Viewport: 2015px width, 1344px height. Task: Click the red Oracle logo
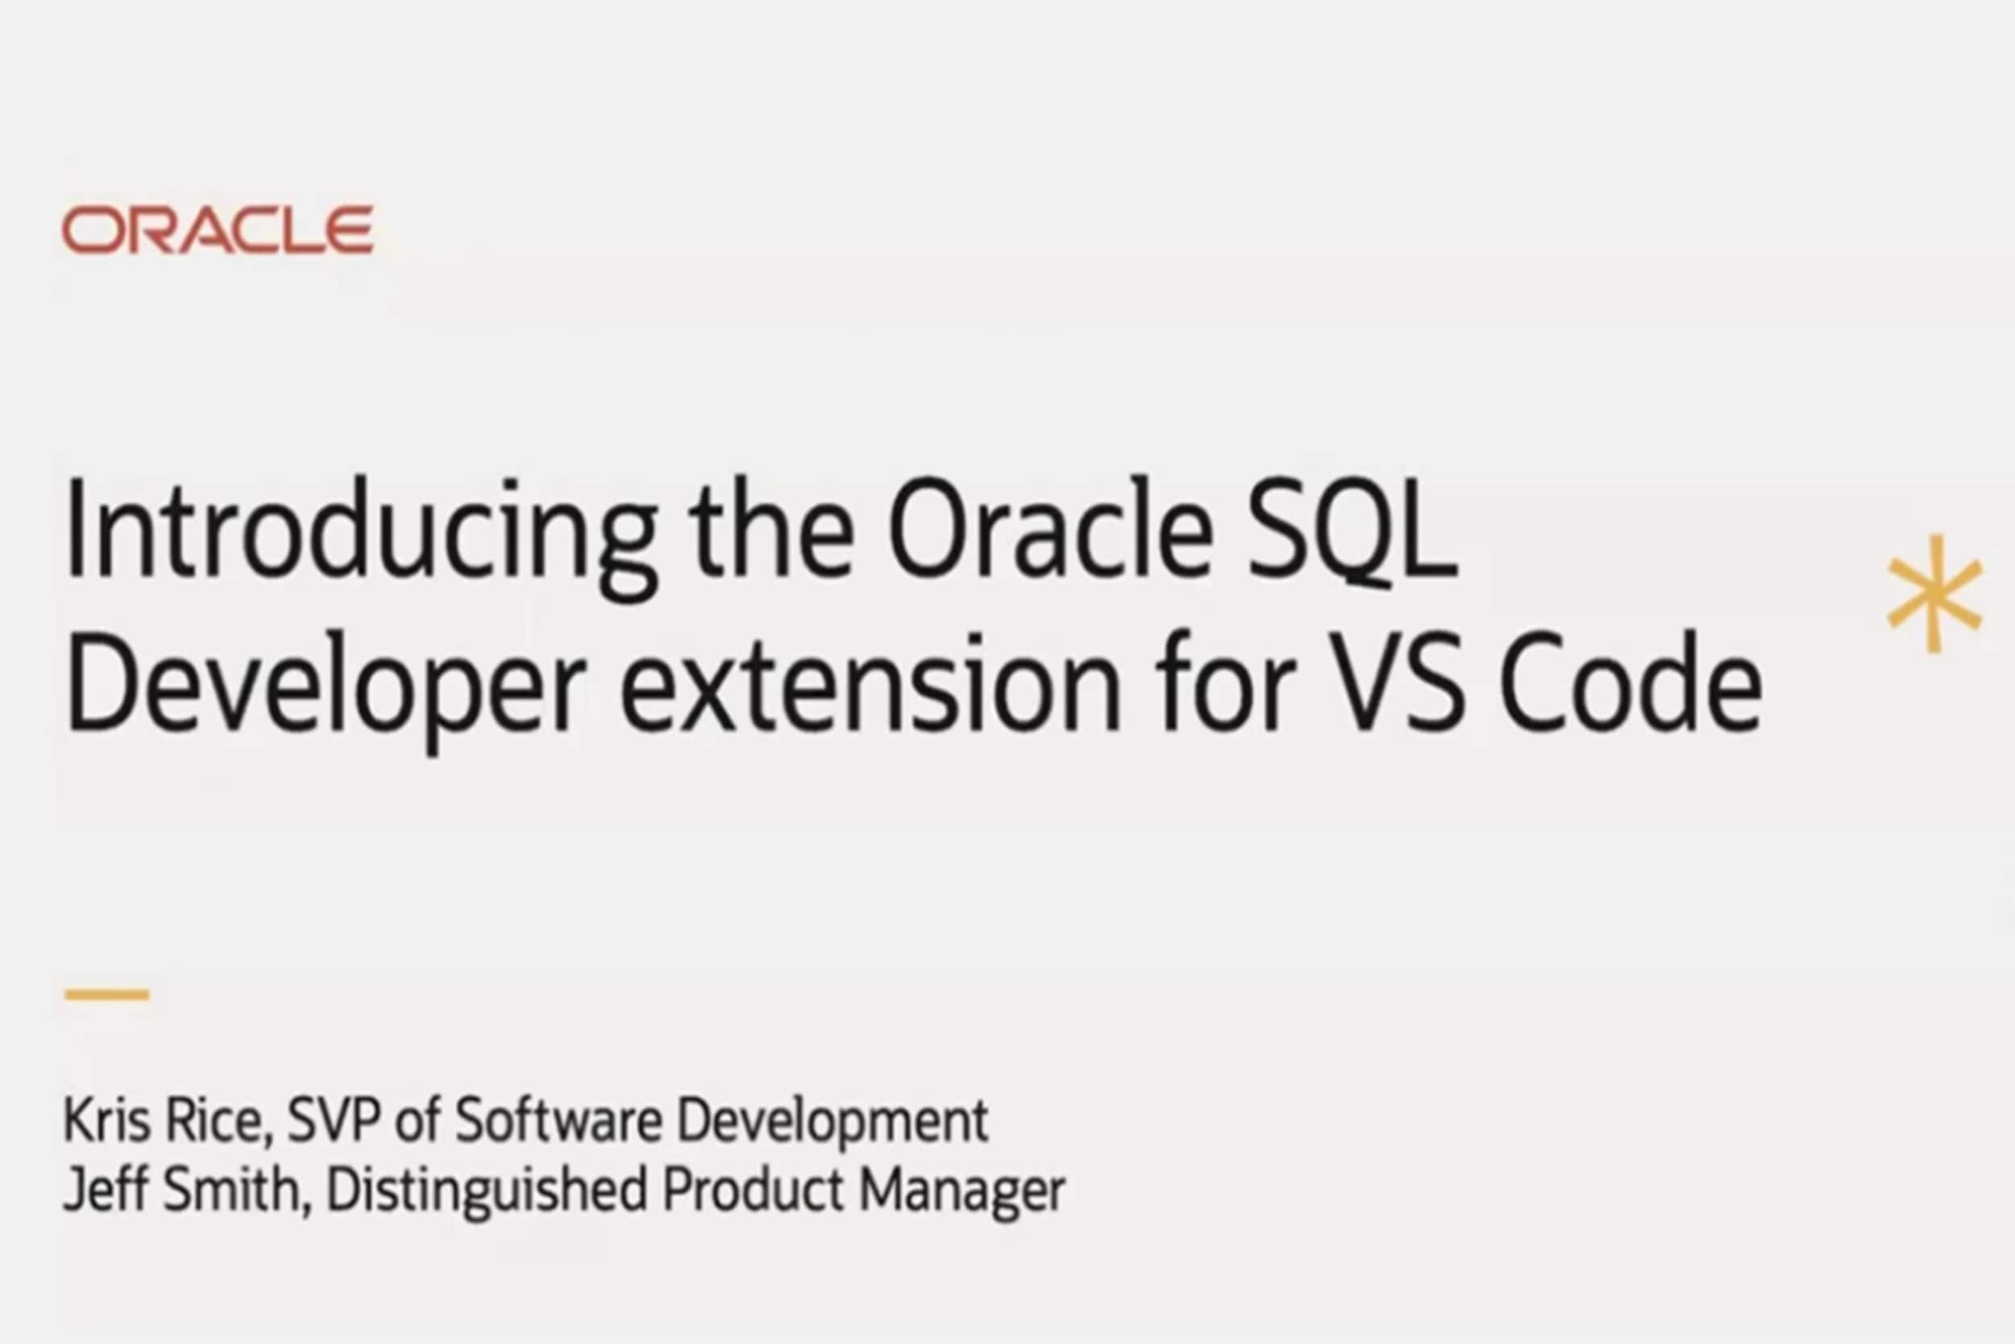point(218,230)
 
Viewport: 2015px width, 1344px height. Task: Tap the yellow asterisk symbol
point(1935,593)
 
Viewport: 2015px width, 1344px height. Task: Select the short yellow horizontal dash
point(107,994)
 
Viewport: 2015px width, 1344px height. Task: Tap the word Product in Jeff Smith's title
point(753,1190)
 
